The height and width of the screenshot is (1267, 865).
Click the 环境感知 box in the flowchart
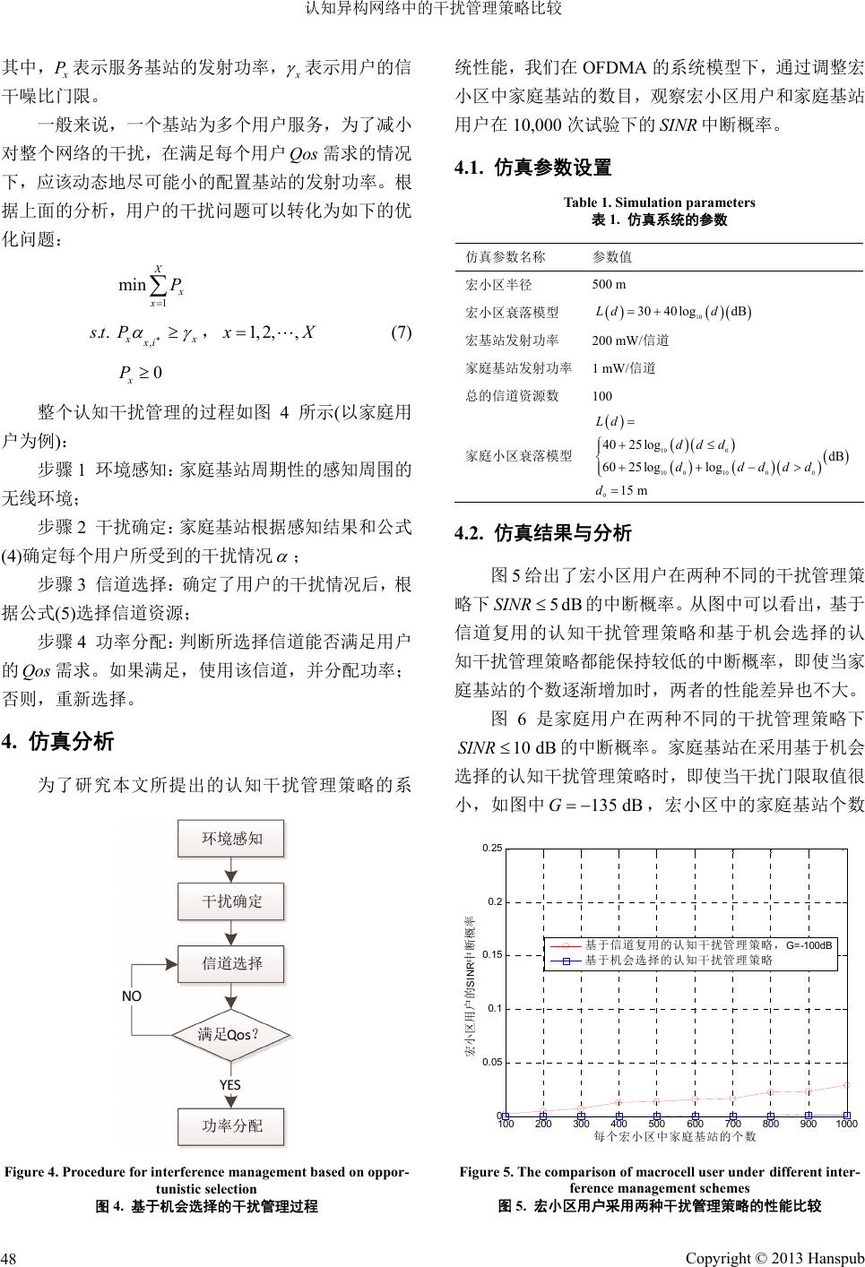coord(231,839)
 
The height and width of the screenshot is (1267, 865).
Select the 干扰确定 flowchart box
coord(231,901)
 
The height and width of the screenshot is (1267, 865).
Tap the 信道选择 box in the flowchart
coord(231,963)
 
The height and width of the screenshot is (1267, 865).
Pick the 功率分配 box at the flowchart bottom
coord(231,1125)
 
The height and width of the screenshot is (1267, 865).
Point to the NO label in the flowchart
coord(132,995)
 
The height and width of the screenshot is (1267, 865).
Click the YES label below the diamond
coord(230,1084)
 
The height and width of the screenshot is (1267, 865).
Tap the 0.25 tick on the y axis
coord(491,848)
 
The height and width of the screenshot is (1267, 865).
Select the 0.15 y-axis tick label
coord(491,955)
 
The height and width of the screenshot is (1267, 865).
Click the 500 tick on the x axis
coord(656,1124)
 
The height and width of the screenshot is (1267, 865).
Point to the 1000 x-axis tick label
coord(846,1124)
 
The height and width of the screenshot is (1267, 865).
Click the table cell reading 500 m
coord(610,285)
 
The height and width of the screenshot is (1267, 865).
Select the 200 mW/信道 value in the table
coord(631,340)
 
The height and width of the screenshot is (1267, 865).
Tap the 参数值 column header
coord(612,256)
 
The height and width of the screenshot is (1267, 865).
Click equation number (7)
coord(401,333)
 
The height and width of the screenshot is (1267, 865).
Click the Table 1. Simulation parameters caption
coord(659,203)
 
